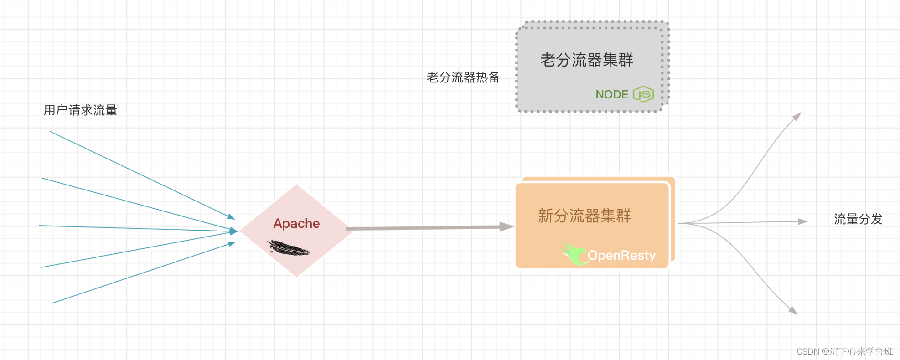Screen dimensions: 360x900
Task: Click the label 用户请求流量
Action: [x=80, y=110]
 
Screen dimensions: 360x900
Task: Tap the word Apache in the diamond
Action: [x=296, y=223]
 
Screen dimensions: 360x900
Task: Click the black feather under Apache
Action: [x=288, y=248]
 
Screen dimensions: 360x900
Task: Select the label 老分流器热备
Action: [x=463, y=77]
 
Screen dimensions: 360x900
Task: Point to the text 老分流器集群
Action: [x=586, y=60]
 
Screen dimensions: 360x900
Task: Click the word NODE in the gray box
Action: [x=611, y=94]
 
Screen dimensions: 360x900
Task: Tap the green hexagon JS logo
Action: [x=643, y=94]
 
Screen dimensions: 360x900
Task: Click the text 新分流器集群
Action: [x=584, y=216]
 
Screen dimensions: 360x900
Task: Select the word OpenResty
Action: [x=621, y=255]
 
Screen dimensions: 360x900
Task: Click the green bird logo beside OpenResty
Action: [x=574, y=253]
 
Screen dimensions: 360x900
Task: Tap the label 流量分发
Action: [x=858, y=219]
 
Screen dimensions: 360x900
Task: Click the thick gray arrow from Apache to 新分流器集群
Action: [x=424, y=227]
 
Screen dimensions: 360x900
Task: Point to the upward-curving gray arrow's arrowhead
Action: [x=797, y=116]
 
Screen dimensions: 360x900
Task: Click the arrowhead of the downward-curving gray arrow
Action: [x=794, y=311]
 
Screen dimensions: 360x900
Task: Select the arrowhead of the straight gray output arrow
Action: [x=803, y=222]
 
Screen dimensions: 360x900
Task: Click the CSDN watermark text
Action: [x=844, y=351]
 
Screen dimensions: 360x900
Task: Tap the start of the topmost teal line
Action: [x=50, y=132]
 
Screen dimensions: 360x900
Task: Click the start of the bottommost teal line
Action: [x=52, y=303]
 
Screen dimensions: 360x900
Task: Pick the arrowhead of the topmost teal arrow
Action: [x=231, y=217]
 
